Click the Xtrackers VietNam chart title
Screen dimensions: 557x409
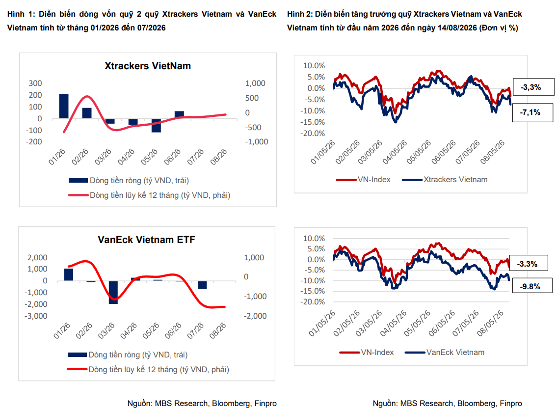tap(147, 66)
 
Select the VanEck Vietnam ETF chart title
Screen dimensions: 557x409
tap(146, 240)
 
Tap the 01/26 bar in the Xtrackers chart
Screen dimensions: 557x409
tap(64, 106)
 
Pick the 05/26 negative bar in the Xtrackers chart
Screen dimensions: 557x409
tap(156, 125)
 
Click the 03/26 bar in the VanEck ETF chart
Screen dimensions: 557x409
tap(113, 293)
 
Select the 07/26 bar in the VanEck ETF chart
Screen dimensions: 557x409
tap(202, 285)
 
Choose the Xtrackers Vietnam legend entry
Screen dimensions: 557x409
tap(445, 180)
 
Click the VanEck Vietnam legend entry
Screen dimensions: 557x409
tap(445, 353)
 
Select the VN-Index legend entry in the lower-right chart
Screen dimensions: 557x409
tap(367, 353)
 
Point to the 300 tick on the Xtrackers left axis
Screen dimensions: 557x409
tap(35, 83)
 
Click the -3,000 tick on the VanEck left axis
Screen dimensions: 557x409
tap(35, 316)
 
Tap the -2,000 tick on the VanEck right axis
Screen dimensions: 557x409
tap(255, 316)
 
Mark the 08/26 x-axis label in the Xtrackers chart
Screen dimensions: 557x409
tap(218, 157)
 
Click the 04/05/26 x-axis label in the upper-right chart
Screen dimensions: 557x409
tap(394, 152)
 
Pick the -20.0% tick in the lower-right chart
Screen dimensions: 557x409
tap(313, 301)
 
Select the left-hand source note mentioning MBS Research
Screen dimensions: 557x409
tap(202, 403)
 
